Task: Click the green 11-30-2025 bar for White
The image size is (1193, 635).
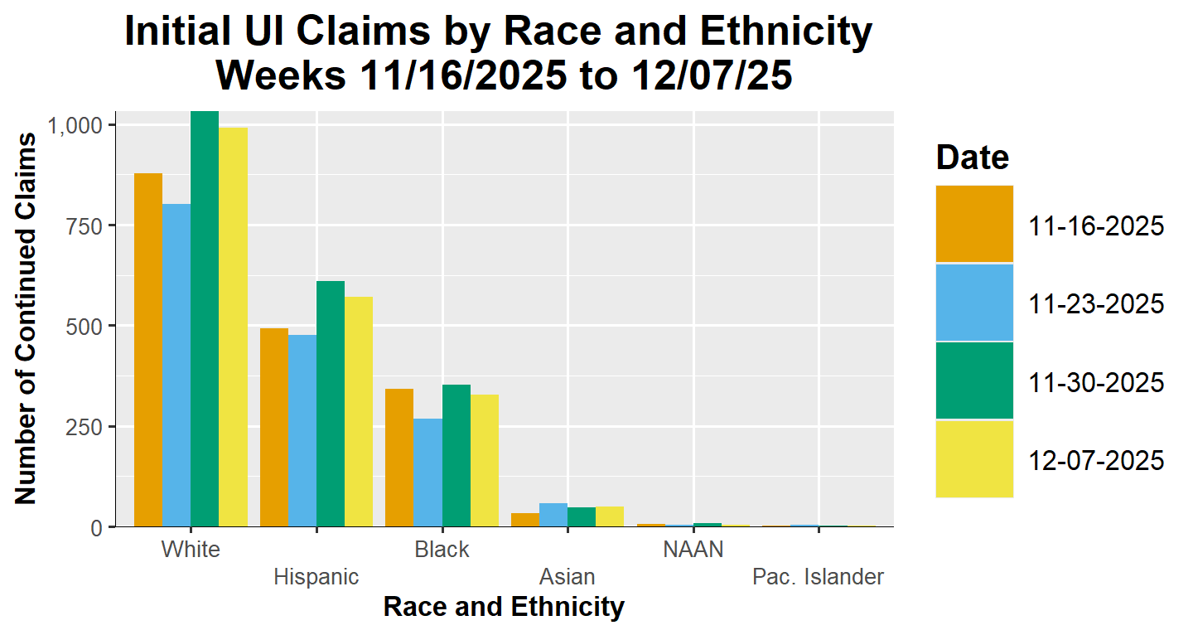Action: (x=205, y=319)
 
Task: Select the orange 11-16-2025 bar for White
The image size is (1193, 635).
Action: (x=148, y=350)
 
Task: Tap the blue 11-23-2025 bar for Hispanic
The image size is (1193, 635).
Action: (x=302, y=430)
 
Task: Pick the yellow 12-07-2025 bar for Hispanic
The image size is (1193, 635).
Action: (x=359, y=411)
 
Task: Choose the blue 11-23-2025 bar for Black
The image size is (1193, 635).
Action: (x=428, y=473)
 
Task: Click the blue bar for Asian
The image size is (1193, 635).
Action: (x=553, y=515)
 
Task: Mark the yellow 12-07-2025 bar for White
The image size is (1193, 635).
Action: (x=234, y=327)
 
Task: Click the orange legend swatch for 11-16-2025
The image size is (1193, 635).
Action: (x=974, y=224)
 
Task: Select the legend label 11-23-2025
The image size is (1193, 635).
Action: (x=1097, y=303)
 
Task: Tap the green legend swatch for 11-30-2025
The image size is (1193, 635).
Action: (x=974, y=381)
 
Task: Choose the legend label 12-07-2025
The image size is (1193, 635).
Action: (x=1097, y=460)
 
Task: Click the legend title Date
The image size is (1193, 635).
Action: (x=972, y=157)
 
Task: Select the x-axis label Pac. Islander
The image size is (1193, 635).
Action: (x=818, y=577)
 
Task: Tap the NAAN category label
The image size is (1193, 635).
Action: (x=693, y=550)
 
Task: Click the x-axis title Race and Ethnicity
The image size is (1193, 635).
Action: (x=504, y=608)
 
